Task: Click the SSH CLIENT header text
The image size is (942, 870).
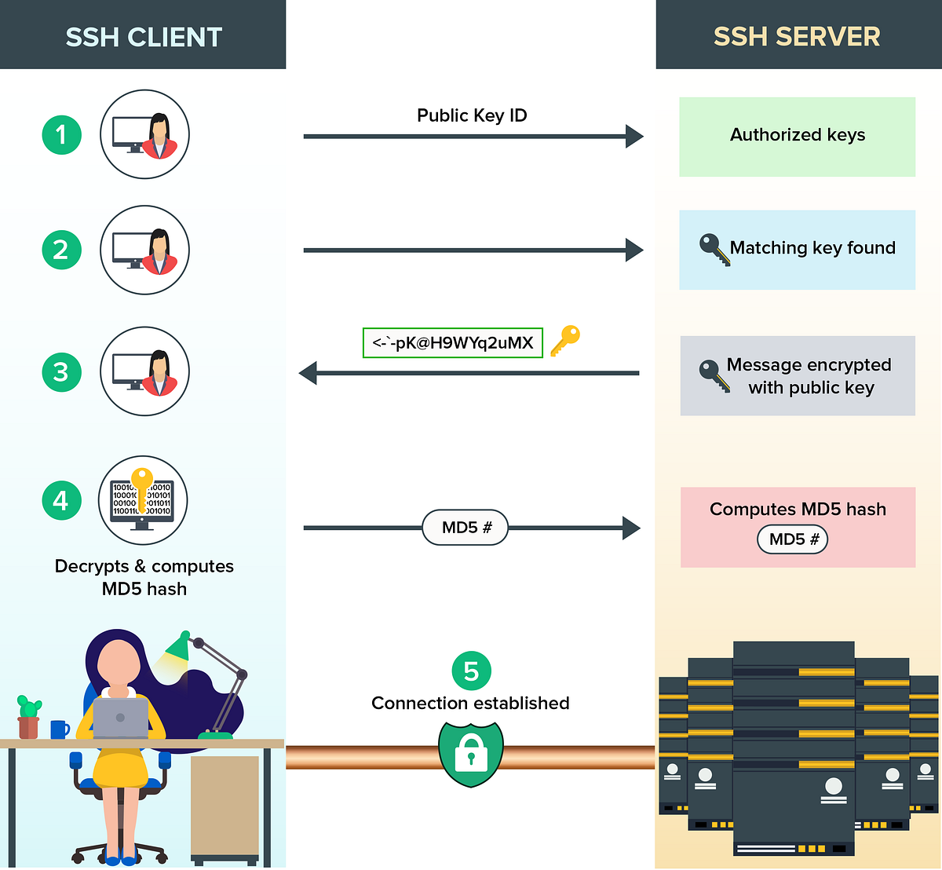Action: click(x=144, y=37)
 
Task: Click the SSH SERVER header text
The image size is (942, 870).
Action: click(x=797, y=37)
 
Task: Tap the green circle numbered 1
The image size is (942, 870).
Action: click(x=61, y=135)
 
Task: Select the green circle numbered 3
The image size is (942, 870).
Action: click(x=61, y=371)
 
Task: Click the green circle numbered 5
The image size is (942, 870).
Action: click(x=471, y=671)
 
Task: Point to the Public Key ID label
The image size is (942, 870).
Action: click(x=472, y=115)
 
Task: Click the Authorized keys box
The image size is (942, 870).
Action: click(x=797, y=136)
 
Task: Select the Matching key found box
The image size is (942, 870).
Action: click(x=797, y=249)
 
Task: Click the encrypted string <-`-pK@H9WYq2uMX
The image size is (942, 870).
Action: click(x=452, y=343)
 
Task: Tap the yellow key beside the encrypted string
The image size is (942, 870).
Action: click(x=565, y=340)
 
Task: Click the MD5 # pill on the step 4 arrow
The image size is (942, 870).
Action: click(x=466, y=528)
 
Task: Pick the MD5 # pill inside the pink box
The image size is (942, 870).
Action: click(x=793, y=539)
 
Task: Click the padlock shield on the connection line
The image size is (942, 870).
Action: click(x=471, y=753)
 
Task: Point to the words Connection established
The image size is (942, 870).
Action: click(x=470, y=704)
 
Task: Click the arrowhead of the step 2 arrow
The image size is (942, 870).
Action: click(x=634, y=250)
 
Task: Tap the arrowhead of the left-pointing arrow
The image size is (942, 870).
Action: click(x=309, y=373)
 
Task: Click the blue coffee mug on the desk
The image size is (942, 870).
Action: click(x=60, y=729)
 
